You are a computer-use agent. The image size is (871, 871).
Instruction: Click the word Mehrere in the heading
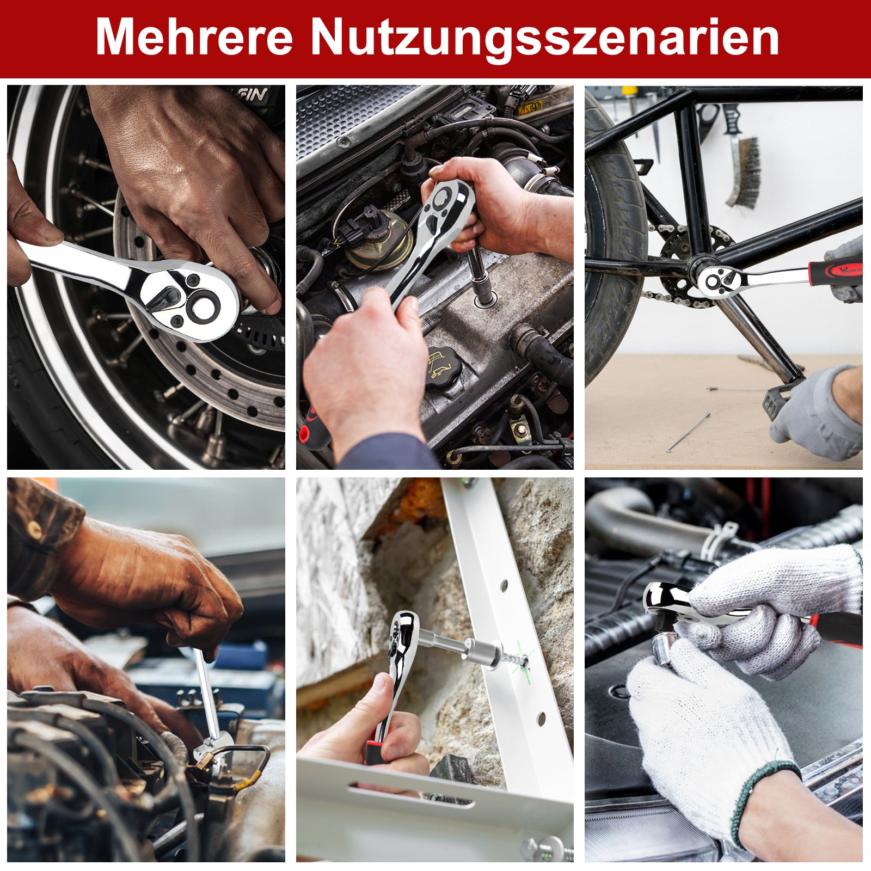(x=194, y=37)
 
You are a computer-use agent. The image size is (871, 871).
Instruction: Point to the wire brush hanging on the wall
(x=744, y=163)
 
